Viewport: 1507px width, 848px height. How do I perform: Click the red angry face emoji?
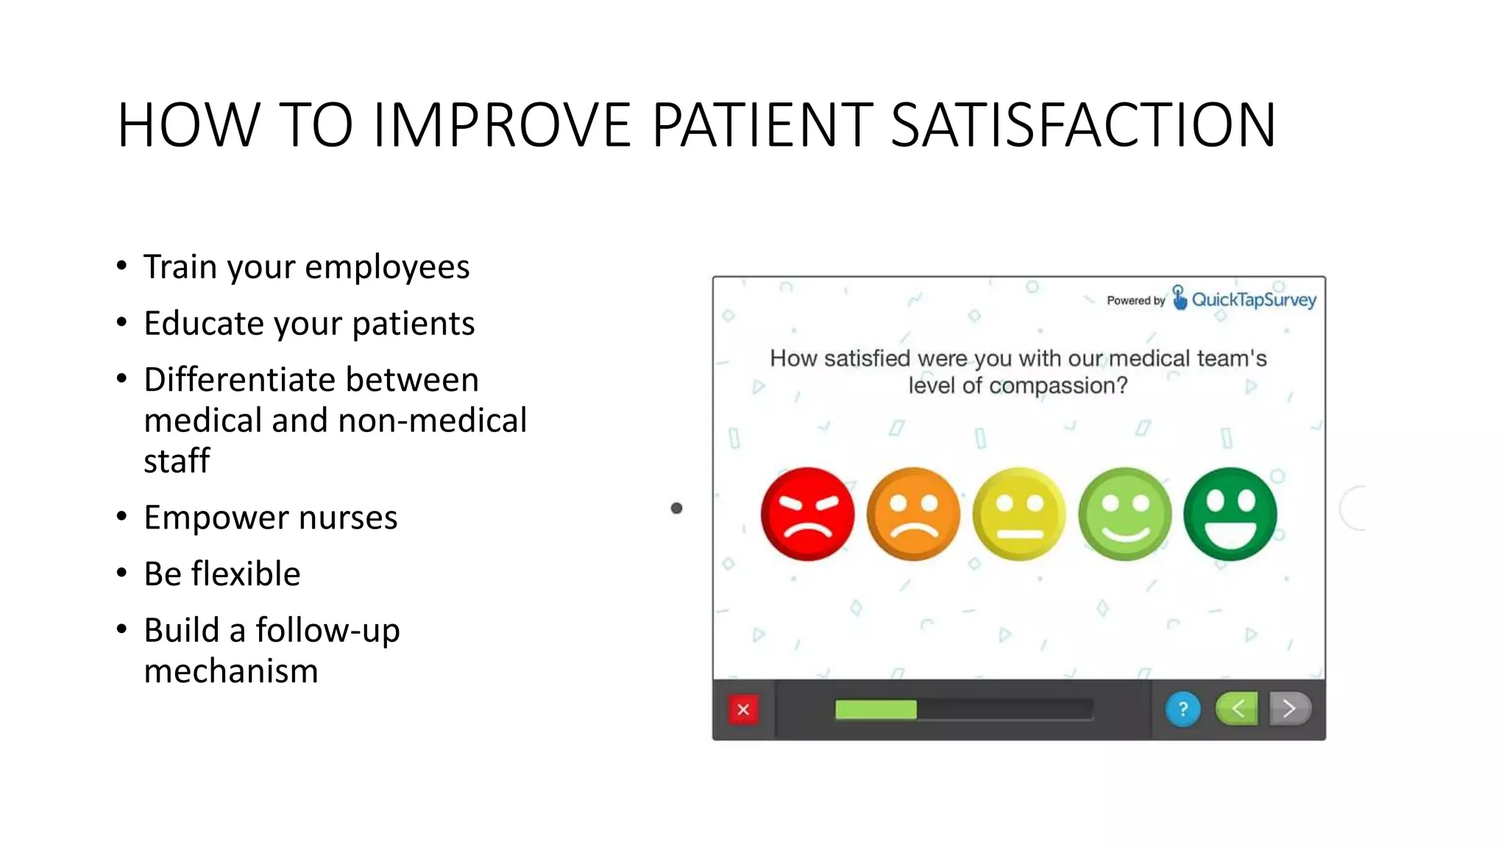click(807, 514)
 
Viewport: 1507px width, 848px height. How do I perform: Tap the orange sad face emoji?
click(913, 514)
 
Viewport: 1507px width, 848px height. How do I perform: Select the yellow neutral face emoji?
click(1019, 514)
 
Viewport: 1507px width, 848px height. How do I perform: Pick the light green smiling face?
click(1124, 514)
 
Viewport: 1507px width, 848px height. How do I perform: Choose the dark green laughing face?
click(1230, 514)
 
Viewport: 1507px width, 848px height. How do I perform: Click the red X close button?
click(743, 710)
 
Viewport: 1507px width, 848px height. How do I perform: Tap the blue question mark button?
click(1182, 710)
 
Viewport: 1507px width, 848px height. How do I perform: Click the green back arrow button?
click(1238, 709)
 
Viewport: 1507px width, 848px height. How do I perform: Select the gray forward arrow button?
click(1289, 709)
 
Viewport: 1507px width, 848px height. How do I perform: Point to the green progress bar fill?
click(876, 710)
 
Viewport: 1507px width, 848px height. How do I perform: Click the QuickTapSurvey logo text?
click(1253, 300)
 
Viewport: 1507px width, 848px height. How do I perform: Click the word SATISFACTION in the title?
click(1082, 125)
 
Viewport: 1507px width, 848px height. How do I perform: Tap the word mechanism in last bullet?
click(231, 671)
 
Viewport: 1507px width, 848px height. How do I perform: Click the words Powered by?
click(1135, 300)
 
